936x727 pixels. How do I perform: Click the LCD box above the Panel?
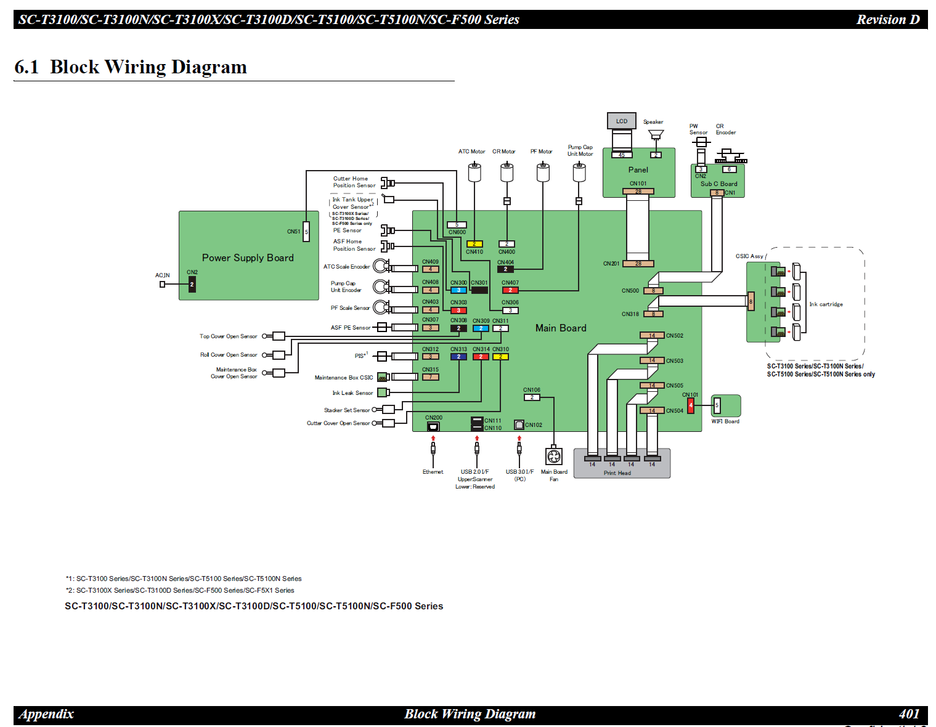tap(621, 121)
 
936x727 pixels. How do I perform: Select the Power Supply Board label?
tap(248, 258)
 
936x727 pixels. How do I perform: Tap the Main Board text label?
tap(561, 328)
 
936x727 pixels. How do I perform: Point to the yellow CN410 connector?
tap(474, 244)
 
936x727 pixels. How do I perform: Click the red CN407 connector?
tap(510, 290)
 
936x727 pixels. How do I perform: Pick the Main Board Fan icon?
tap(554, 456)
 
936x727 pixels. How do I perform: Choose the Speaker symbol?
tap(656, 135)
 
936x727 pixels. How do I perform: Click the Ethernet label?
tap(433, 472)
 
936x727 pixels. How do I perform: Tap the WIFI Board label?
tap(725, 421)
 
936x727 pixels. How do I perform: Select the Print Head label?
tap(617, 473)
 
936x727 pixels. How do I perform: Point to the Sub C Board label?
tap(718, 184)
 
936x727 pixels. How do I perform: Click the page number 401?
tap(909, 714)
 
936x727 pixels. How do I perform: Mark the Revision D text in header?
tap(887, 20)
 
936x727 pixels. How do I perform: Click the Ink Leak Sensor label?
tap(352, 393)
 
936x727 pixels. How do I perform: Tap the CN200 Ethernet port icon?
tap(433, 426)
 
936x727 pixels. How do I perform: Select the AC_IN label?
tap(162, 275)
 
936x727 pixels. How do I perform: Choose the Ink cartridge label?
tap(826, 304)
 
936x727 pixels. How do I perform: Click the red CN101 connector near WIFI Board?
tap(691, 405)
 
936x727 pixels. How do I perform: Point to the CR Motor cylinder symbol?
tap(507, 173)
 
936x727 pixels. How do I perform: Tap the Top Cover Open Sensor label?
tap(228, 336)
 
